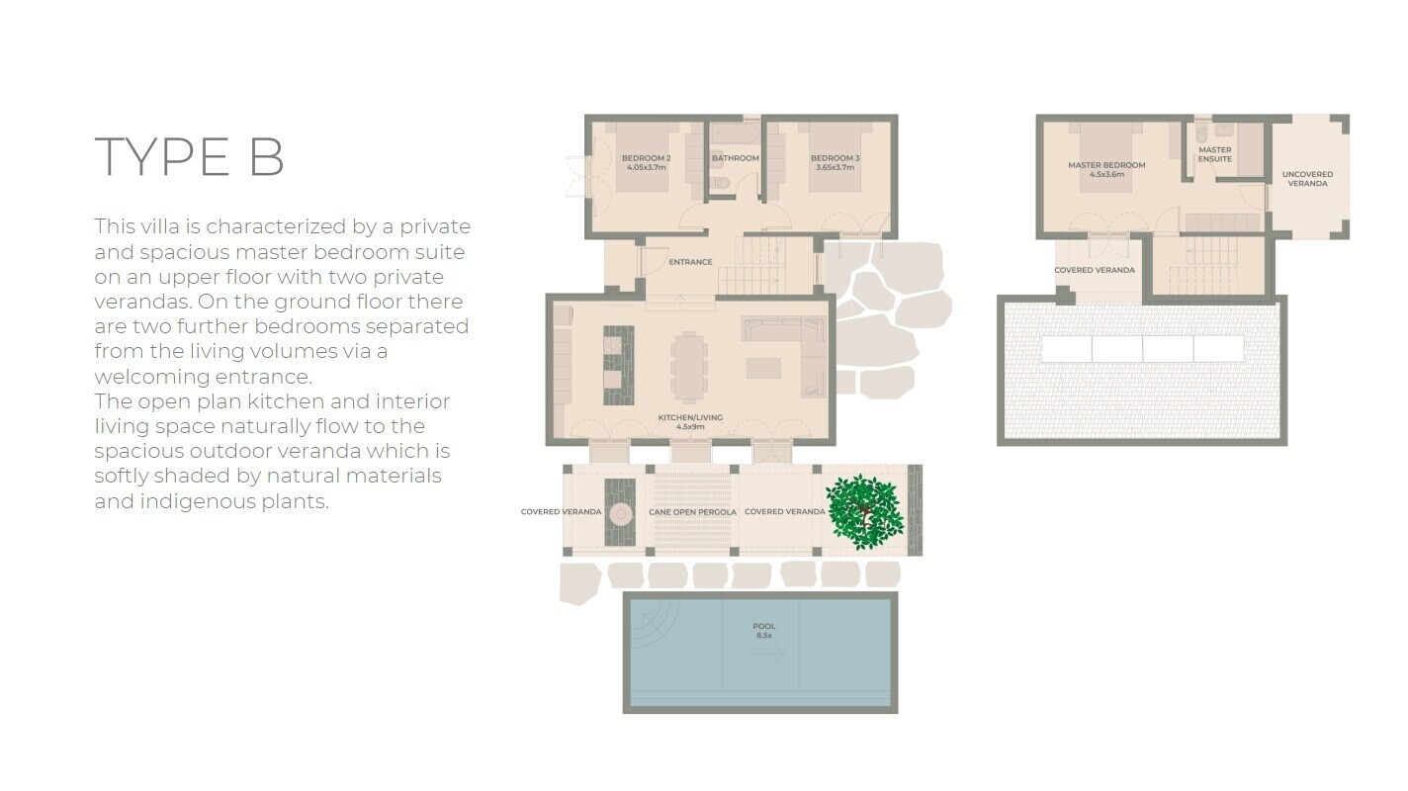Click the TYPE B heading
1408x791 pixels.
tap(189, 156)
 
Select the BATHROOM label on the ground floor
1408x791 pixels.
tap(736, 158)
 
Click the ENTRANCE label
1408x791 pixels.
tap(690, 262)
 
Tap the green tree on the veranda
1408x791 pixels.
tap(865, 512)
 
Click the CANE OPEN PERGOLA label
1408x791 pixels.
tap(693, 512)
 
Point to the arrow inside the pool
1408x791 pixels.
tap(767, 654)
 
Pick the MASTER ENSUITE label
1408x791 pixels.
tap(1214, 154)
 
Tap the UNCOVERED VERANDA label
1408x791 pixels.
tap(1307, 179)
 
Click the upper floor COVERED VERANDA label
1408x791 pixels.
tap(1095, 270)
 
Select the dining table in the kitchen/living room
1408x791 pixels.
tap(689, 367)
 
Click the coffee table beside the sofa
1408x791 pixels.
tap(763, 368)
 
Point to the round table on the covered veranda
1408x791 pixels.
tap(621, 514)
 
